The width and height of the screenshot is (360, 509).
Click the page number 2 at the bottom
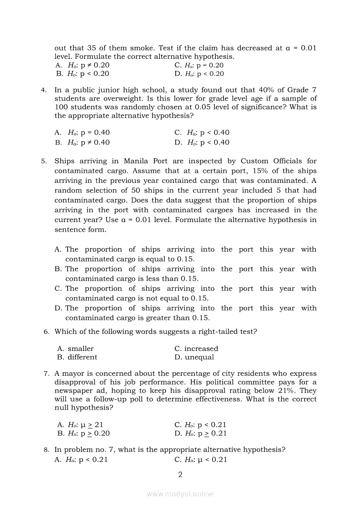point(180,475)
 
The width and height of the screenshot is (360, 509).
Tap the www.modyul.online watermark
point(180,494)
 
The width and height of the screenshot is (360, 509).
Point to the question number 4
point(44,90)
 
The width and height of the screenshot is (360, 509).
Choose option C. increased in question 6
point(196,349)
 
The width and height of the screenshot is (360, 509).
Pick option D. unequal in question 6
point(194,357)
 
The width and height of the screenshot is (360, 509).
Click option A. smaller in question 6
point(75,349)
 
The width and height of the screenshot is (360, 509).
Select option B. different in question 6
point(77,357)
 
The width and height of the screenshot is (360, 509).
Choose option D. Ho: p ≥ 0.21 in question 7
point(200,433)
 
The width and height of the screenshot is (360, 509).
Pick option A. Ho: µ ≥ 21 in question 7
point(80,425)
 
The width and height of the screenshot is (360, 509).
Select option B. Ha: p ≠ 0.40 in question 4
point(82,142)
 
